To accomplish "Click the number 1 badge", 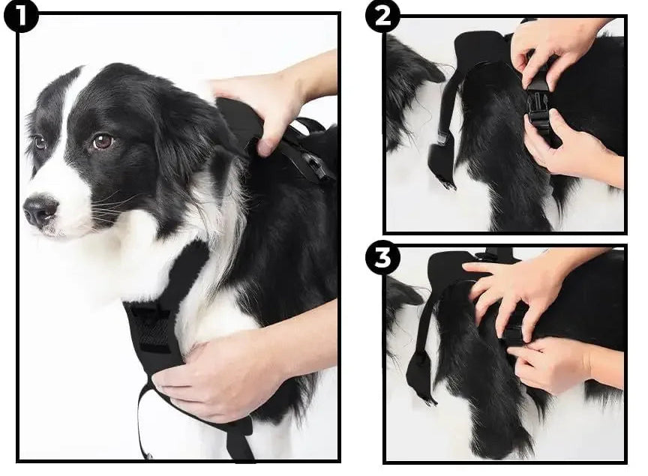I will coord(20,16).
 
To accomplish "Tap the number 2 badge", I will coord(382,16).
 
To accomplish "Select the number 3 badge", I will coord(382,259).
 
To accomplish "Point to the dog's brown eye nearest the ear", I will coord(102,141).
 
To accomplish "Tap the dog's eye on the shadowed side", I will coord(39,142).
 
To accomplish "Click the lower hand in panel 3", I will coord(555,364).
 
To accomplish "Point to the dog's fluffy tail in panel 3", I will coord(472,375).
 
